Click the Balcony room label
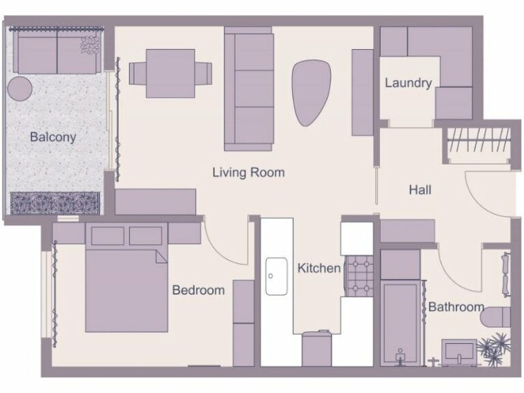(53, 137)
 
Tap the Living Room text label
(248, 173)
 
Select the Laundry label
(408, 83)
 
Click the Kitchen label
(319, 268)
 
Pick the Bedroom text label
(198, 290)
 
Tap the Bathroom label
(456, 307)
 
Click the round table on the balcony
(20, 89)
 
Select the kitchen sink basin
(276, 276)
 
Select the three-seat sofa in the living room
(248, 89)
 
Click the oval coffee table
(311, 92)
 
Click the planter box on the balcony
(55, 203)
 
